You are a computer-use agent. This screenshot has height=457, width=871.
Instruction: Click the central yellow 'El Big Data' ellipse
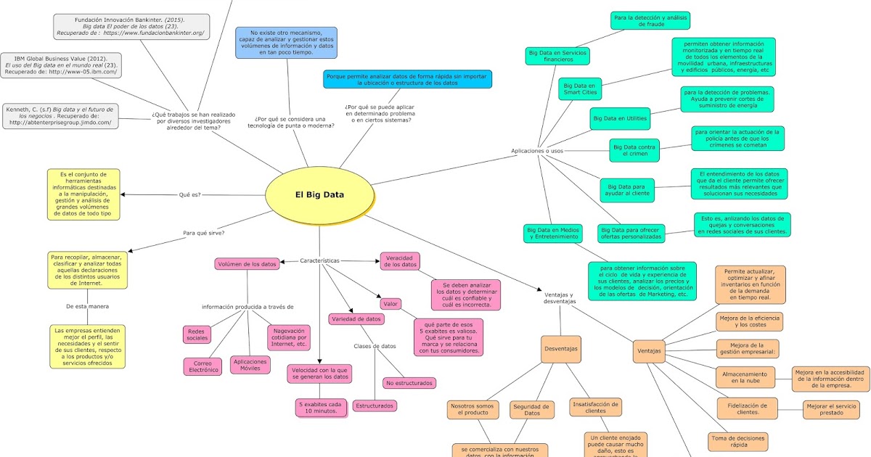point(319,195)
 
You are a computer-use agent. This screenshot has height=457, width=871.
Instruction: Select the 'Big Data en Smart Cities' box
point(580,89)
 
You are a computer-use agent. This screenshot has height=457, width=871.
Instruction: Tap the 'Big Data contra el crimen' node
point(634,150)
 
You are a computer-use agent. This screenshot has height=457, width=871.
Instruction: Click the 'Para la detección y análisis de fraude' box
point(650,20)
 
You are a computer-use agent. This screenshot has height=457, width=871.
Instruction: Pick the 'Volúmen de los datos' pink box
point(247,264)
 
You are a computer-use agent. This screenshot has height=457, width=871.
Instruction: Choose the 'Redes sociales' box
point(197,334)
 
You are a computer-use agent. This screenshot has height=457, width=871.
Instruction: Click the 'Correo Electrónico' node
point(203,366)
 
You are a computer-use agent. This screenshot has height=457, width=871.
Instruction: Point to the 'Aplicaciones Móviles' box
point(249,364)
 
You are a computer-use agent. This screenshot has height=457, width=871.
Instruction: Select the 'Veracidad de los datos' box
point(400,261)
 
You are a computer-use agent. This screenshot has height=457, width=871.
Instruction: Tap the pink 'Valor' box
point(390,304)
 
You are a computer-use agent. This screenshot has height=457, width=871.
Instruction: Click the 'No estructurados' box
point(409,382)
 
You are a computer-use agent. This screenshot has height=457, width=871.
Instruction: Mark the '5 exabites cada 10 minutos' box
point(320,407)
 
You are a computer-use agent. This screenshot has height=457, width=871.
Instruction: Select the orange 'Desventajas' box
point(561,349)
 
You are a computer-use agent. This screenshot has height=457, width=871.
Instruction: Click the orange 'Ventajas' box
point(648,351)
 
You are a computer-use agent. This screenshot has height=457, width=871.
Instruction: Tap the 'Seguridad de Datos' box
point(532,410)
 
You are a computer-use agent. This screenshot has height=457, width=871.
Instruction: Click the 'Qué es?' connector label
point(189,194)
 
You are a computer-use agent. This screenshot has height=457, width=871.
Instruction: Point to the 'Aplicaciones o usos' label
point(536,151)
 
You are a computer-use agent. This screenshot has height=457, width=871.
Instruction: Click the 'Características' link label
point(319,260)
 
